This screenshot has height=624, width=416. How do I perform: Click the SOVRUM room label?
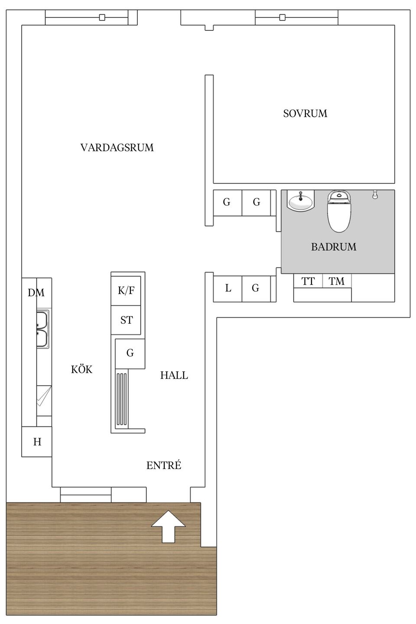(x=305, y=114)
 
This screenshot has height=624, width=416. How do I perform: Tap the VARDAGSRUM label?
(x=117, y=148)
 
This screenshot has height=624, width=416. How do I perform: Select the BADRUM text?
(x=334, y=247)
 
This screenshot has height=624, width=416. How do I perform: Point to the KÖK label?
(x=82, y=370)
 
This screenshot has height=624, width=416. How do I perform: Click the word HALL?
(x=174, y=375)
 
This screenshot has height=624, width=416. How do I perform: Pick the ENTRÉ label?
(x=164, y=466)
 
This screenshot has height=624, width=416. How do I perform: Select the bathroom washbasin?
(x=300, y=201)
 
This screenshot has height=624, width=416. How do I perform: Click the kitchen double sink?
(x=42, y=329)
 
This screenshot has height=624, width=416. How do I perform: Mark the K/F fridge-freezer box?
(x=126, y=290)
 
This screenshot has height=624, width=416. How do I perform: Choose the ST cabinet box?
(x=126, y=320)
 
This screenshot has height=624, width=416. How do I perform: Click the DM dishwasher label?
(x=36, y=293)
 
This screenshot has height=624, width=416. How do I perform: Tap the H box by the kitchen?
(x=37, y=442)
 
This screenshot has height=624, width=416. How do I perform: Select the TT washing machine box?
(x=308, y=281)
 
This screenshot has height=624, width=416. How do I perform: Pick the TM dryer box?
(x=337, y=281)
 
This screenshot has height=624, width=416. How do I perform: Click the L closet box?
(x=228, y=288)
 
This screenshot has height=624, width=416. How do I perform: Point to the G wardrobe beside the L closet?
(x=256, y=288)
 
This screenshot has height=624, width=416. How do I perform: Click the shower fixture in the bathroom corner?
(x=375, y=194)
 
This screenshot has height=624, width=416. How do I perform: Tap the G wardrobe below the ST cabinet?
(x=130, y=354)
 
